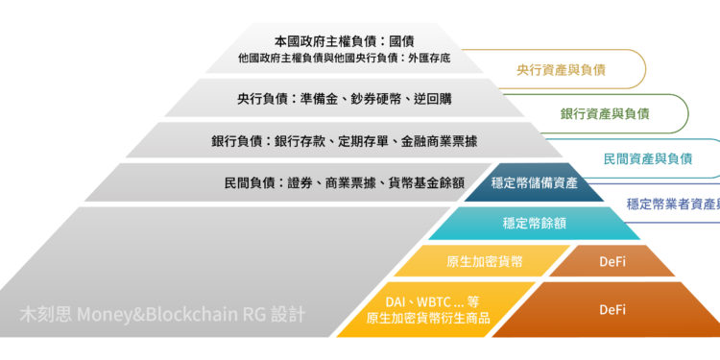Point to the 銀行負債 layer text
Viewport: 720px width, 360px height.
pos(345,141)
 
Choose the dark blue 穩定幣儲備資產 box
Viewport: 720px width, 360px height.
pos(534,182)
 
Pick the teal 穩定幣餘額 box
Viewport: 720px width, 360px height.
pos(534,223)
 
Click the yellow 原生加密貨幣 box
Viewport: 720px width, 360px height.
pos(485,261)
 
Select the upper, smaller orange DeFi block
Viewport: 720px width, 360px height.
pos(612,261)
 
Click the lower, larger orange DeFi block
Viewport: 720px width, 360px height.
pos(612,309)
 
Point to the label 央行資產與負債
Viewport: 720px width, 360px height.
pos(561,70)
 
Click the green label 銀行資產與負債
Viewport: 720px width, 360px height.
pos(605,113)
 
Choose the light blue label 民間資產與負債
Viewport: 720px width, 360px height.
pos(648,158)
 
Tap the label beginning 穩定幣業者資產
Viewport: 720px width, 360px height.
pos(673,204)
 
